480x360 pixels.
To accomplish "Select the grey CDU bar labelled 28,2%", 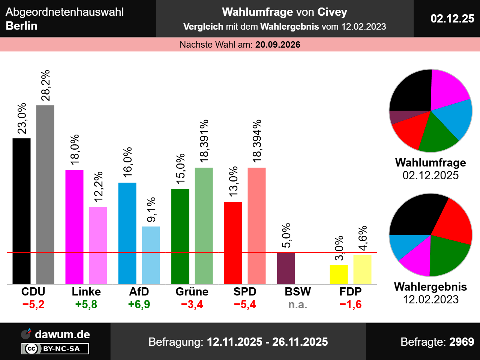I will click(45, 195).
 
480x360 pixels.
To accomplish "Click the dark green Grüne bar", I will click(180, 236).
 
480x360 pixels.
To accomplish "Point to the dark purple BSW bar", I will click(286, 268).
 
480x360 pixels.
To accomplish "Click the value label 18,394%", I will click(257, 141).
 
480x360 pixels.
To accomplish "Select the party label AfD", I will click(139, 291).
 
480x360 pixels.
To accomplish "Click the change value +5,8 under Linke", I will click(86, 304).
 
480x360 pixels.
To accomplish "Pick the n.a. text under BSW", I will click(298, 304).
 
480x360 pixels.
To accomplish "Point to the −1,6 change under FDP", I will click(351, 304).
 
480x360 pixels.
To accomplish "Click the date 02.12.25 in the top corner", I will click(452, 18).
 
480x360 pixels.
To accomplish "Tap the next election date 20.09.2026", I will click(278, 45).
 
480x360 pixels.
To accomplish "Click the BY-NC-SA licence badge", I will click(55, 349).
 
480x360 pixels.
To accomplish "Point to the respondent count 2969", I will click(462, 342).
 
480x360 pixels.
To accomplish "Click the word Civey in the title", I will click(332, 12).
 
